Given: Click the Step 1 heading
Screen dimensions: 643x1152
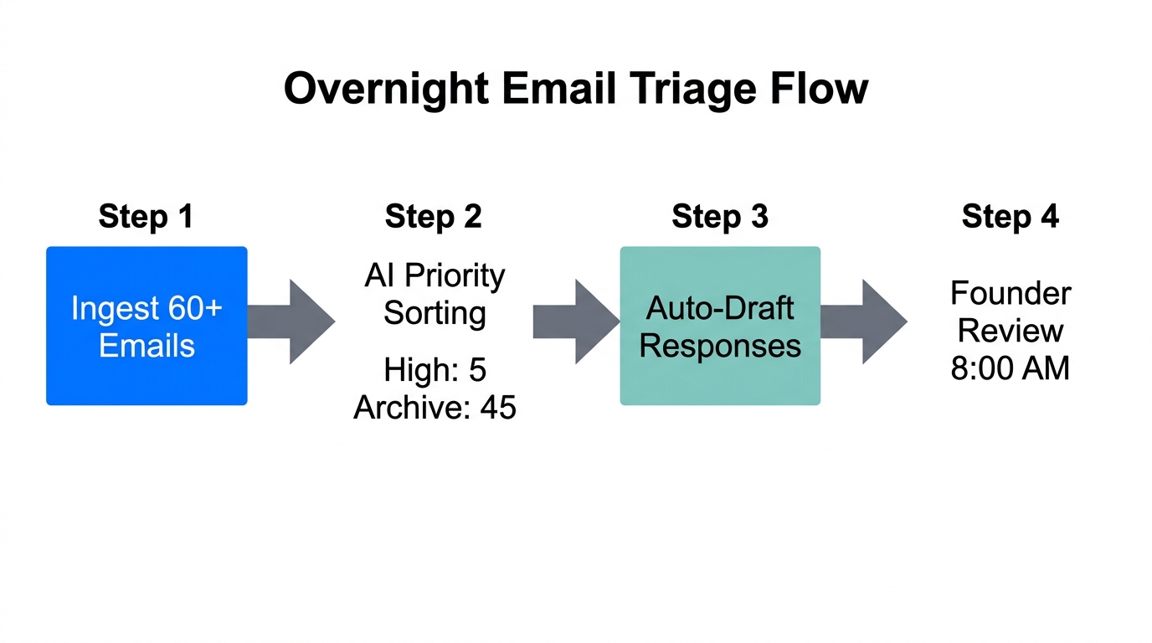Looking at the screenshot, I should tap(146, 217).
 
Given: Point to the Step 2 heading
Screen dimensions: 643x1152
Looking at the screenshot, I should tap(433, 217).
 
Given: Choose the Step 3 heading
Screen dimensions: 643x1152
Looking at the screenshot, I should tap(720, 217).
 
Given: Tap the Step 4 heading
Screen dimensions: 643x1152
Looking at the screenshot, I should tap(1010, 217).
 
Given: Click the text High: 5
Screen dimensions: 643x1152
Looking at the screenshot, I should tap(435, 370).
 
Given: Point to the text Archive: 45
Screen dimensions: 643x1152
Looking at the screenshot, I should tap(435, 408).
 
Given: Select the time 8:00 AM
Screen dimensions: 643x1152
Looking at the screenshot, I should tap(1010, 368).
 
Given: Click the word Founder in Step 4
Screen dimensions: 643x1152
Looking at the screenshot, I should tap(1010, 294).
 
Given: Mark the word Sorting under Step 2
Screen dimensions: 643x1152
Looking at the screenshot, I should tap(435, 313).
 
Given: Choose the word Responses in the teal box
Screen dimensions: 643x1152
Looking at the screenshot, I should tap(720, 346).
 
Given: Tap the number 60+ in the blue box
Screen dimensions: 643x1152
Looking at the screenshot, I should tap(194, 308).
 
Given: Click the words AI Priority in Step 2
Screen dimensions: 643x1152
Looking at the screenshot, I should tap(435, 275).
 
